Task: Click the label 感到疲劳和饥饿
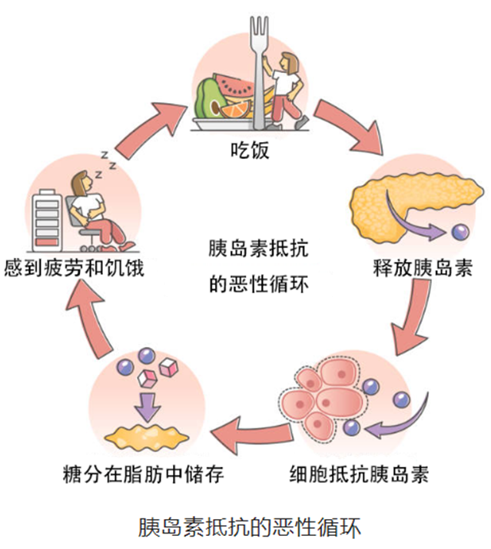pyautogui.click(x=74, y=270)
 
